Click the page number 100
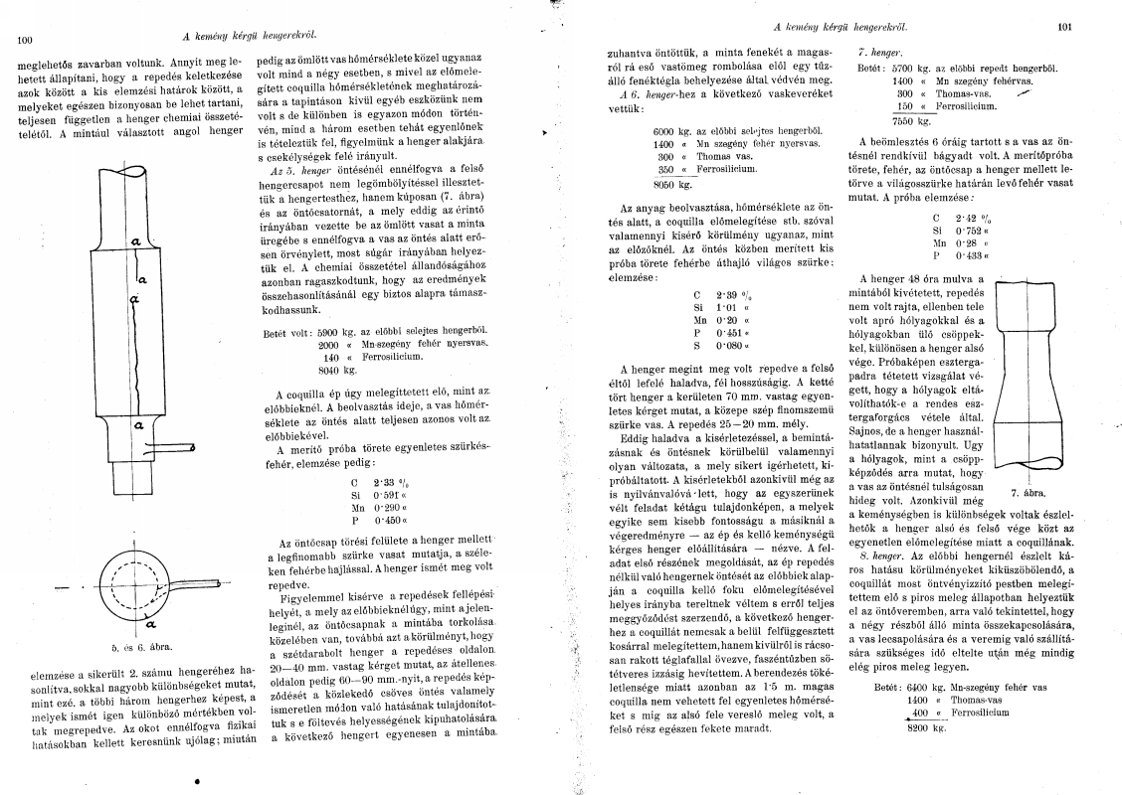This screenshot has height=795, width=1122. click(x=26, y=41)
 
